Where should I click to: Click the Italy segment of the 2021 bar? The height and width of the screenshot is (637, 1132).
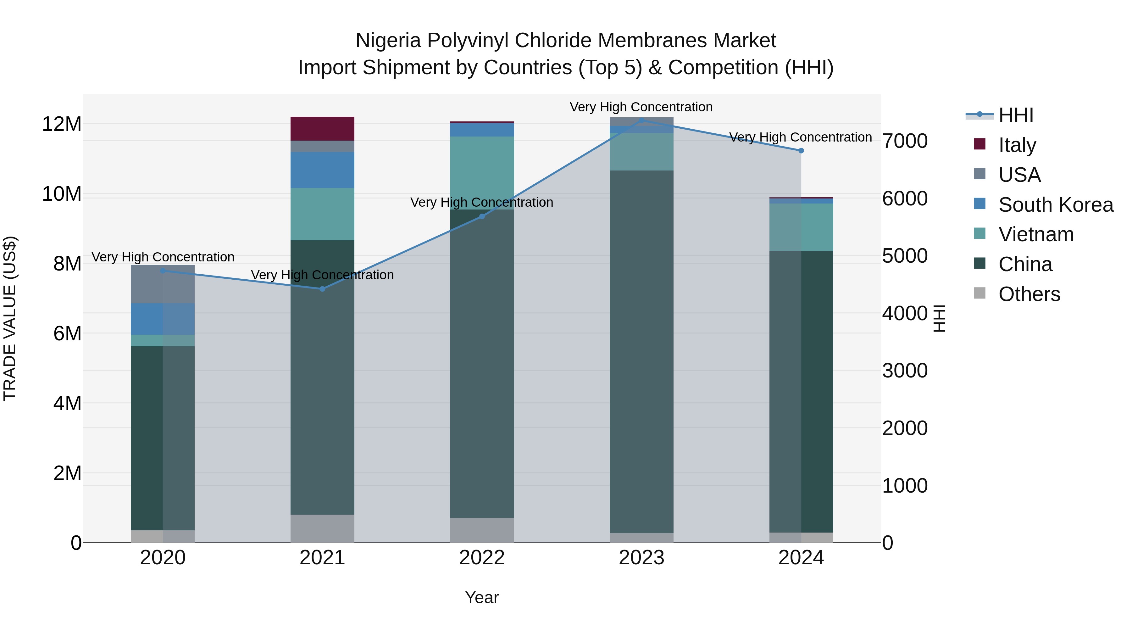tap(322, 128)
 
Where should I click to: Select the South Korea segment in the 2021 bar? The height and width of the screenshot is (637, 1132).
tap(322, 170)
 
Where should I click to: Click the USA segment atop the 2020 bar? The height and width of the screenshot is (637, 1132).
tap(163, 284)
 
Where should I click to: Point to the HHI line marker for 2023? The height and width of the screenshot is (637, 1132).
tap(641, 120)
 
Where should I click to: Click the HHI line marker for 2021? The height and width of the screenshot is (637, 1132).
tap(322, 289)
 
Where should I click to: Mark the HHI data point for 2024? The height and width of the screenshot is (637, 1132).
tap(801, 151)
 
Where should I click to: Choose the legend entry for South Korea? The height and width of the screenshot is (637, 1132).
tap(1056, 205)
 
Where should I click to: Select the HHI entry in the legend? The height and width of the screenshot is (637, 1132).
tap(1016, 115)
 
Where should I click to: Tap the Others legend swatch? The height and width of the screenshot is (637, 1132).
tap(979, 293)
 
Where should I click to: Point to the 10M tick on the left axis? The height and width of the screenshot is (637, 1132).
tap(62, 194)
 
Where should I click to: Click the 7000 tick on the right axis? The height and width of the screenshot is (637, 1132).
tap(904, 141)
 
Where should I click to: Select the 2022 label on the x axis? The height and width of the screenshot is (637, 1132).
tap(482, 558)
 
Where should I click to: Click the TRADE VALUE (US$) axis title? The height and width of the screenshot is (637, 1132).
tap(10, 318)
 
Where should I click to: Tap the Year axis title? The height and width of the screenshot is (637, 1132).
tap(482, 597)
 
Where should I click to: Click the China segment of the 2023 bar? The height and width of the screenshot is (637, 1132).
tap(641, 352)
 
